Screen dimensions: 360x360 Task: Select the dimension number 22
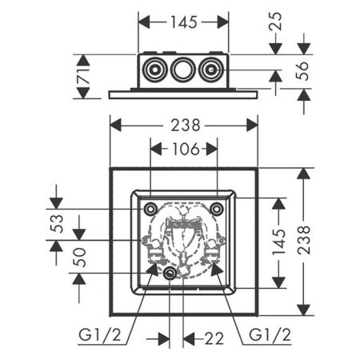coord(212,338)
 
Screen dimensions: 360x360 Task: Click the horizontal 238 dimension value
coord(184,124)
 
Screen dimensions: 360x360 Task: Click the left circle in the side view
coord(151,72)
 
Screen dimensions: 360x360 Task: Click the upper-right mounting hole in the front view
coord(217,209)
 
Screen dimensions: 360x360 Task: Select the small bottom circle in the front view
coord(169,274)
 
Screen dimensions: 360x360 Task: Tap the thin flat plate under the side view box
coord(183,93)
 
